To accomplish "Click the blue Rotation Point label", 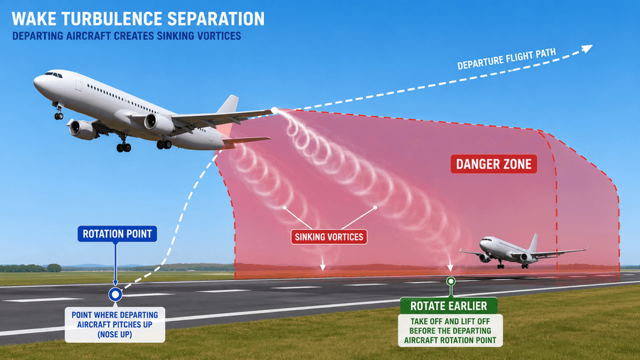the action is click(x=117, y=234).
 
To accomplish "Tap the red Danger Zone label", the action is click(x=494, y=164).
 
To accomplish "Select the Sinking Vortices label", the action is click(x=329, y=237).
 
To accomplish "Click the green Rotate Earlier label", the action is click(x=449, y=306).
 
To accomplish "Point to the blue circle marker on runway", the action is click(x=115, y=295).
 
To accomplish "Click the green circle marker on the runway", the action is click(x=451, y=281).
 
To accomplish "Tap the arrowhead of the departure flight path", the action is click(x=587, y=48).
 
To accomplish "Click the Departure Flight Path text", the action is click(x=506, y=59).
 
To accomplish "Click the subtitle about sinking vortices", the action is click(x=127, y=36).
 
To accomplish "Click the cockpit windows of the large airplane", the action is click(x=53, y=75).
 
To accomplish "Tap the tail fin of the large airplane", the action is click(x=228, y=105).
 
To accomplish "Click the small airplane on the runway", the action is click(x=523, y=251).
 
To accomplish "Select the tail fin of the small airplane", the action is click(x=533, y=243).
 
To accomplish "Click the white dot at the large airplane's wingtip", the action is click(x=274, y=110).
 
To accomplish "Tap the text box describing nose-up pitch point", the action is click(x=114, y=325).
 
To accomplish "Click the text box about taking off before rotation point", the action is click(x=450, y=331).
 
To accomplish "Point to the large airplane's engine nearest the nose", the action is click(x=82, y=129).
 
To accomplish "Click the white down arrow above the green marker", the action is click(x=450, y=263).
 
